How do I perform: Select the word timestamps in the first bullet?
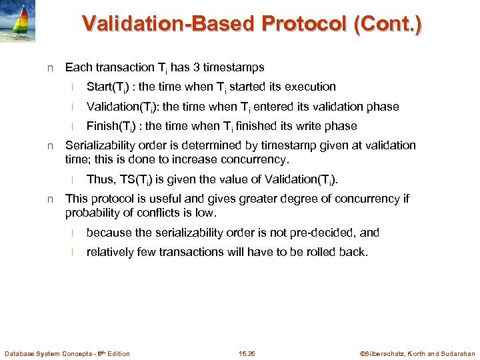233,67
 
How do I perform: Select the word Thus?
100,179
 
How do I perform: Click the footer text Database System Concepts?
51,353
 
